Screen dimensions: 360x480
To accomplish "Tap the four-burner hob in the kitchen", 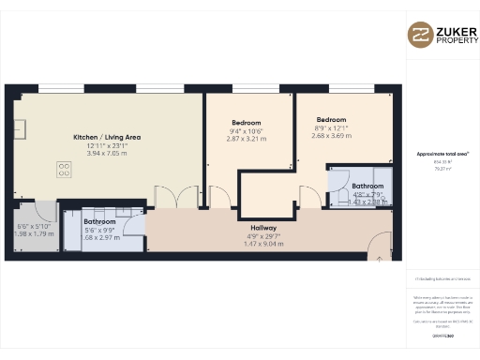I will pos(64,170).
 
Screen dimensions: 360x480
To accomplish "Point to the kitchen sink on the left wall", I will pos(19,127).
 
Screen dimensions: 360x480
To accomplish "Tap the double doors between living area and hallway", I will pos(176,198).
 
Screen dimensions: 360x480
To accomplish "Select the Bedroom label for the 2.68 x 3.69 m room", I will pos(332,120).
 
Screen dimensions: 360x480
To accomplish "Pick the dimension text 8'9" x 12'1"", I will pos(332,127).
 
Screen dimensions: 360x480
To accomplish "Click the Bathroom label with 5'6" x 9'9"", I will pos(99,222).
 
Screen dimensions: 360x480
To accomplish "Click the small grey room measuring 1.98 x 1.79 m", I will pos(36,229).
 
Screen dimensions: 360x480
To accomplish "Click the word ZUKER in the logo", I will pos(452,29).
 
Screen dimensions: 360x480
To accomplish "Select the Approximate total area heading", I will pos(442,153).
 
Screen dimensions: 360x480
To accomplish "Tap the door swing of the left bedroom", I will pos(222,195).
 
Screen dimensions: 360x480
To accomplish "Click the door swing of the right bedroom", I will pos(307,195).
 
